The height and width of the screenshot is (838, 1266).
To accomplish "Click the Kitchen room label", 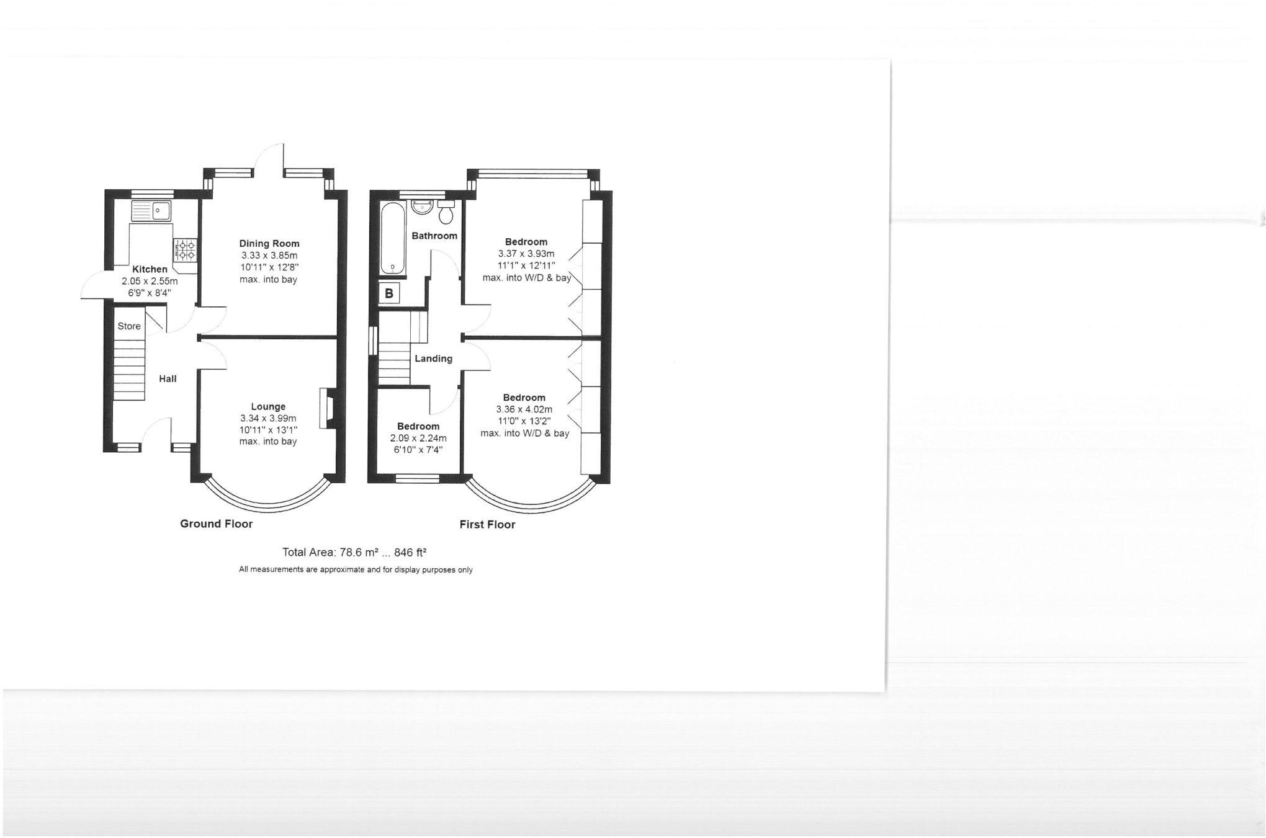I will [150, 269].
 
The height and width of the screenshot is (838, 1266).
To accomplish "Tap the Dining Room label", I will [269, 244].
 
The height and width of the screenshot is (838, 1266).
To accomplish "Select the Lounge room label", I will [268, 407].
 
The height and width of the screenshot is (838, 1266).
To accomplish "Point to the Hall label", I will [168, 379].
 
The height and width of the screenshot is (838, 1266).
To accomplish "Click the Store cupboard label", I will [129, 326].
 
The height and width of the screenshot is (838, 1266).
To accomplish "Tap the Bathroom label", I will [434, 236].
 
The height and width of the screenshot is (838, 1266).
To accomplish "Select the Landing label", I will [433, 359].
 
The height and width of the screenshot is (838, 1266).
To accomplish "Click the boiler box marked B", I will [389, 293].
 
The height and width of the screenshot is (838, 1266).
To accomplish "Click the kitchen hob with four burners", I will [186, 249].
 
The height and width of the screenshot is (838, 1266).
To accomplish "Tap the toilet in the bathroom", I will [446, 213].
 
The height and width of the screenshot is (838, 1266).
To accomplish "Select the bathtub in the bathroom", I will [392, 238].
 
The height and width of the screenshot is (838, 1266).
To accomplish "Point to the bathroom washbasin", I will [422, 207].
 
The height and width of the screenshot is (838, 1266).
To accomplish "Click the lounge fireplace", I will [326, 408].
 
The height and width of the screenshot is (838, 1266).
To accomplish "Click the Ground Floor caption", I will [216, 524].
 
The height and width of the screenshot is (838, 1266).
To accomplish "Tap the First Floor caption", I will [487, 525].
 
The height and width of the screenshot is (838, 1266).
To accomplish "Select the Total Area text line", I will [354, 552].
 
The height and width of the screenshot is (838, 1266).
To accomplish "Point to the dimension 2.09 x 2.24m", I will [418, 438].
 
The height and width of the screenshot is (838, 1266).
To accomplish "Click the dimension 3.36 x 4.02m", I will [524, 409].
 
